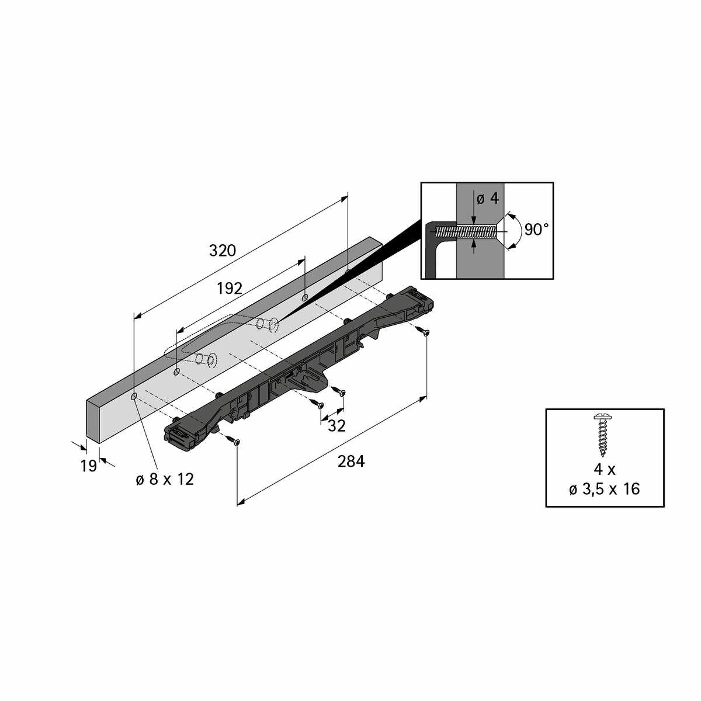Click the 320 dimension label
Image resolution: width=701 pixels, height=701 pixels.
tap(223, 251)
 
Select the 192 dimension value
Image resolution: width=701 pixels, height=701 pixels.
tap(230, 289)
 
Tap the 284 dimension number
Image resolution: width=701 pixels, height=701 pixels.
tap(351, 461)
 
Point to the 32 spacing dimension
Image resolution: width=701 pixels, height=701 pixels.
tap(336, 426)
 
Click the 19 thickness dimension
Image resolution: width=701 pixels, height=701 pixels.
tap(89, 466)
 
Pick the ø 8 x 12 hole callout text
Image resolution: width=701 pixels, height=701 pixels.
tap(165, 480)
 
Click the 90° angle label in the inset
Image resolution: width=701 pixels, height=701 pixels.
tap(536, 230)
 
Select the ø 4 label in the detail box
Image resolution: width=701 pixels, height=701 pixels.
tap(488, 199)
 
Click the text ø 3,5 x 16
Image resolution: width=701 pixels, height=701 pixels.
tap(605, 490)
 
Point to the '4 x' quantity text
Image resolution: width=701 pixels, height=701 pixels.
tap(605, 469)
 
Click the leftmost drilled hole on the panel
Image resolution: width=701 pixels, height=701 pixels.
tap(134, 397)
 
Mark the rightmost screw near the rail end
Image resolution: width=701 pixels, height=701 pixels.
tap(425, 331)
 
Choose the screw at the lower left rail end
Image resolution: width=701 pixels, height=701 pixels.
tap(235, 442)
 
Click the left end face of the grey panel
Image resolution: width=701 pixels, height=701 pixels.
tap(92, 419)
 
